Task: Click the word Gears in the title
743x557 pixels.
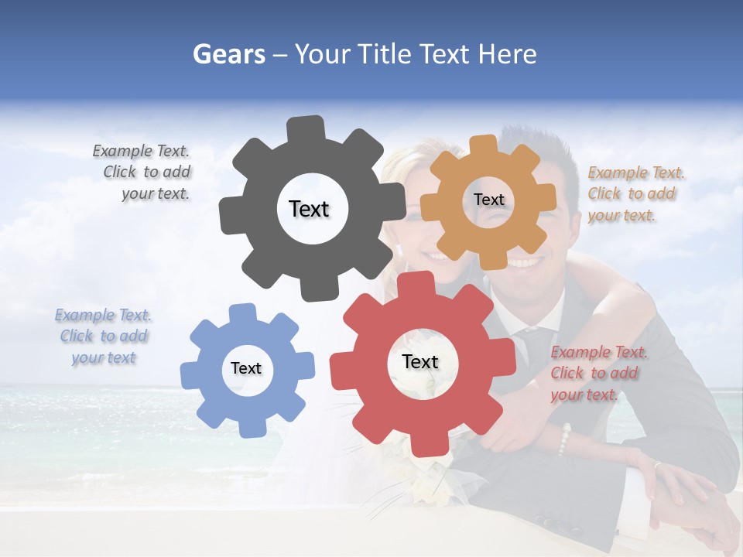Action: tap(228, 54)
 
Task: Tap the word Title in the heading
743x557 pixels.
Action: tap(387, 54)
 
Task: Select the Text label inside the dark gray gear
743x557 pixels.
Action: tap(309, 209)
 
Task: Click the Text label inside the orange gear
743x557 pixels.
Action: tap(488, 200)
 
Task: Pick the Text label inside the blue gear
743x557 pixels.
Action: tap(246, 368)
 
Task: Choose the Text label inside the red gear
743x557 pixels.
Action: tap(420, 362)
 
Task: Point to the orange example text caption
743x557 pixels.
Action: tap(635, 194)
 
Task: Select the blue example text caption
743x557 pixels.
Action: tap(104, 337)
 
